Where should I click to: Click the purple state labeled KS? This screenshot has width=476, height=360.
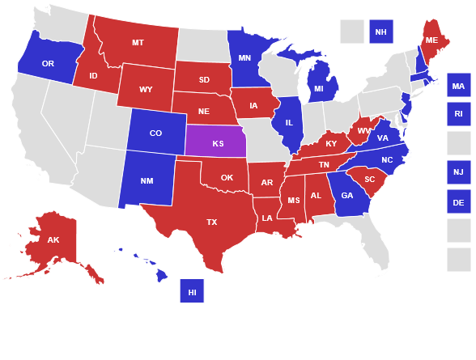[218, 143]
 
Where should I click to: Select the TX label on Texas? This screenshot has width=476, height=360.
[211, 221]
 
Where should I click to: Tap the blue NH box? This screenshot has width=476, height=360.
[380, 32]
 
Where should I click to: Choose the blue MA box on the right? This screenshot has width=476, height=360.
[458, 85]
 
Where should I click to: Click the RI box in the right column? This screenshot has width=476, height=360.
[458, 114]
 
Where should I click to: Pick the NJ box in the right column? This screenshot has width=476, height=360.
[458, 172]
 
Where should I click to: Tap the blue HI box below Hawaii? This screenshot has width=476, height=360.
[192, 290]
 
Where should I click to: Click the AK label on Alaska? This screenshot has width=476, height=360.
[53, 239]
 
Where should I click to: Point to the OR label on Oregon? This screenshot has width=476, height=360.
[48, 63]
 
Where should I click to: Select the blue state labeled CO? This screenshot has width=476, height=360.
[155, 133]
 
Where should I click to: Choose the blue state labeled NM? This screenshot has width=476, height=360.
[147, 180]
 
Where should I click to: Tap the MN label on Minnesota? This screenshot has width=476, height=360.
[244, 58]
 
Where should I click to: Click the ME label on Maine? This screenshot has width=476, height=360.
[431, 40]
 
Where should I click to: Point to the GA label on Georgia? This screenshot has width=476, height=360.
[347, 195]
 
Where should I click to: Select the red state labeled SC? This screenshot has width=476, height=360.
[369, 179]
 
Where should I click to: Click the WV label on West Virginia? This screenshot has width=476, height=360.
[363, 129]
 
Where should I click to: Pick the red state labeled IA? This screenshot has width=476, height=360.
[254, 104]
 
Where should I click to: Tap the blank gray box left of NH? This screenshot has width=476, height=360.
[351, 32]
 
